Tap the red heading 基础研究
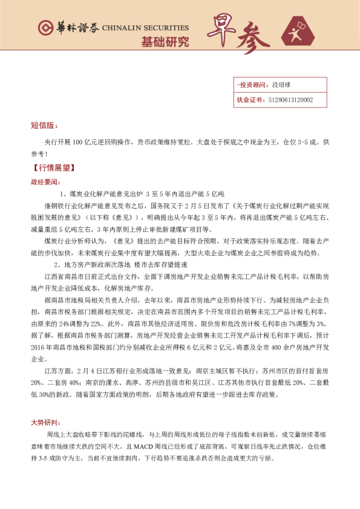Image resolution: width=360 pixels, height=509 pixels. click(x=165, y=42)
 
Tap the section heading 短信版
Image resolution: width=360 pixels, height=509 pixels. click(x=44, y=126)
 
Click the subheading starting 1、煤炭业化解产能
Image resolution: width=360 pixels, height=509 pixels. click(x=143, y=193)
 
